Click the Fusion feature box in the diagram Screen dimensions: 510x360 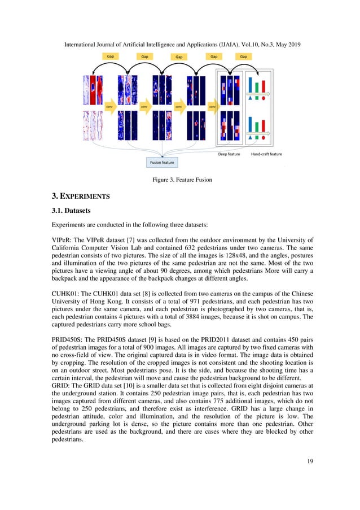[x=162, y=162]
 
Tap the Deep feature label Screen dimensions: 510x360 [x=230, y=154]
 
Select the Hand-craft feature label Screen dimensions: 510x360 [x=266, y=154]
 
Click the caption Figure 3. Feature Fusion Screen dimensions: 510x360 [x=180, y=180]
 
